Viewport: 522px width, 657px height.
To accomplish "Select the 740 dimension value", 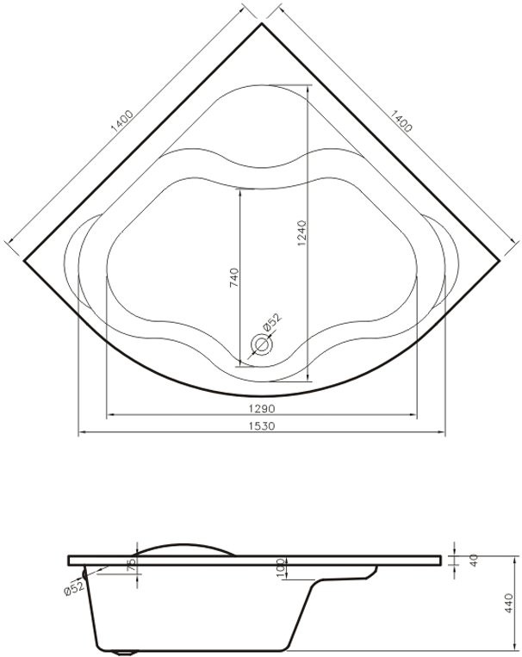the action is coord(234,277).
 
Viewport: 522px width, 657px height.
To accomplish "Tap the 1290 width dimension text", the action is coord(262,407).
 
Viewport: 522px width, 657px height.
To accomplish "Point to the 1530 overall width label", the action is coord(262,425).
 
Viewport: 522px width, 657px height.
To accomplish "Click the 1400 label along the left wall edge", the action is coord(122,121).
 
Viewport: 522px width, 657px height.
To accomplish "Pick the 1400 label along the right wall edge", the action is coord(401,121).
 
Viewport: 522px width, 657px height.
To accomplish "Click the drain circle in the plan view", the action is coord(262,344).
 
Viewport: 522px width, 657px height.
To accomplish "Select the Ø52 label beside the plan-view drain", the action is coord(271,322).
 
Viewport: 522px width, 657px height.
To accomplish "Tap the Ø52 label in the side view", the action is coord(74,589).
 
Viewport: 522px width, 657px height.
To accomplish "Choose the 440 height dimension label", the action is coord(508,603).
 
